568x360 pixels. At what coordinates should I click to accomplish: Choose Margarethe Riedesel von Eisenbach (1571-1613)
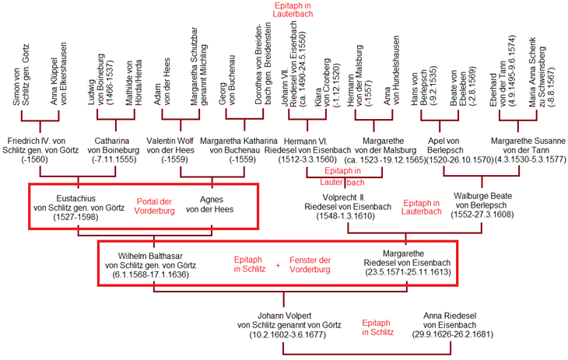click(x=405, y=264)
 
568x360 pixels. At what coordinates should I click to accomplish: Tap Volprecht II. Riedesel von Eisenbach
click(x=343, y=206)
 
